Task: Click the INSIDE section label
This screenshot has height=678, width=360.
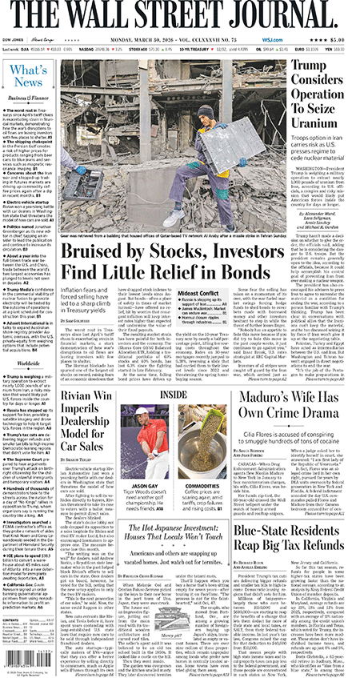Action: (175, 394)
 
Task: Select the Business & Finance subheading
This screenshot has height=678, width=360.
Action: (28, 97)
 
